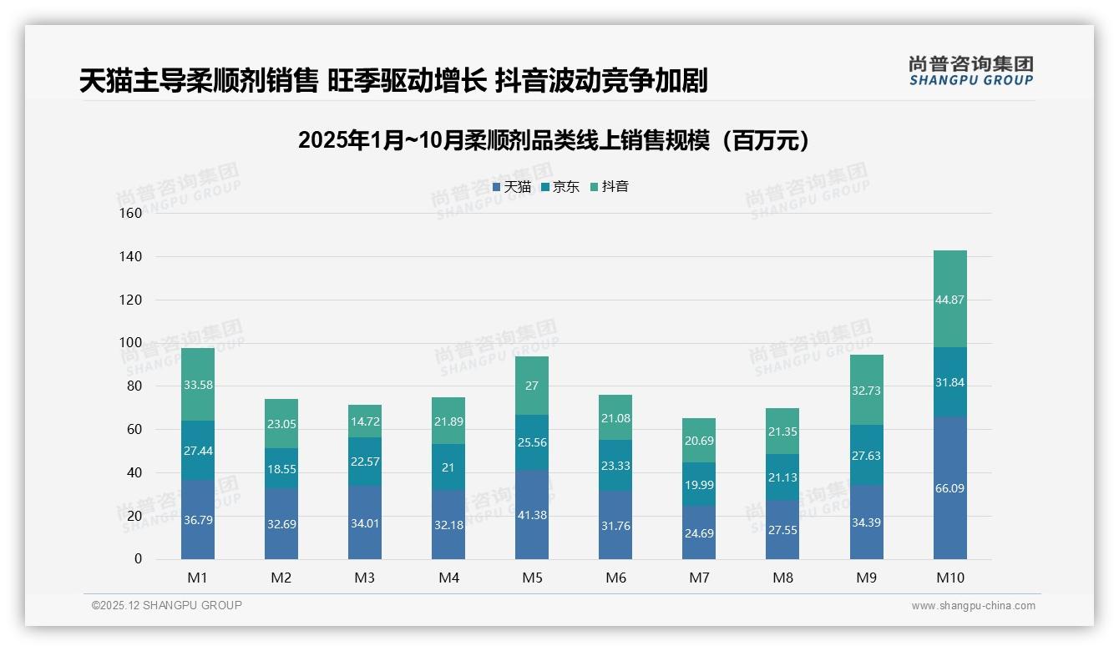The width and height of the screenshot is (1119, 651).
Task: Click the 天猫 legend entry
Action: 512,187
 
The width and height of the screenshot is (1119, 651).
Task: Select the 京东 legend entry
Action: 560,187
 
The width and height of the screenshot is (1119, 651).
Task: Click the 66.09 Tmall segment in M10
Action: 949,488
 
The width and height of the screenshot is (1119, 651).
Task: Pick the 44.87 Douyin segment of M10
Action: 949,300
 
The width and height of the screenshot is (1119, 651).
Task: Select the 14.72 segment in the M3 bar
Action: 365,421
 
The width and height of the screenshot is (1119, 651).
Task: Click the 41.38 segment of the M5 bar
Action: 532,515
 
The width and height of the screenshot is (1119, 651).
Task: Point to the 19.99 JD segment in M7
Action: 699,485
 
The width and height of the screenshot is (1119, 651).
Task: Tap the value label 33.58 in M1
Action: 198,385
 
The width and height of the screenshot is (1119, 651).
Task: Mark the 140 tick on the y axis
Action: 131,256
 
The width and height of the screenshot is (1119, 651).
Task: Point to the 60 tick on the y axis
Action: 134,429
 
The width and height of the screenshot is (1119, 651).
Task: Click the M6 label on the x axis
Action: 615,578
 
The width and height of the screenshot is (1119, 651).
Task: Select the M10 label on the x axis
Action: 949,578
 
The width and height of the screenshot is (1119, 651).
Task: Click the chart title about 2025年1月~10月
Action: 554,140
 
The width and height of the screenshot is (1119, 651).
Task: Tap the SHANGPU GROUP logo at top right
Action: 970,71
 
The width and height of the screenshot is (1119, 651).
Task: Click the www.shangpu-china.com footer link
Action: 973,606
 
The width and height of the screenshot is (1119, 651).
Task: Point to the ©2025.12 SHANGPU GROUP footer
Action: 167,606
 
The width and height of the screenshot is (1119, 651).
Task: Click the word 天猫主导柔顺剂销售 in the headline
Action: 198,81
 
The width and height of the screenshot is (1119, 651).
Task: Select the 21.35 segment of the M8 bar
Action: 782,431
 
